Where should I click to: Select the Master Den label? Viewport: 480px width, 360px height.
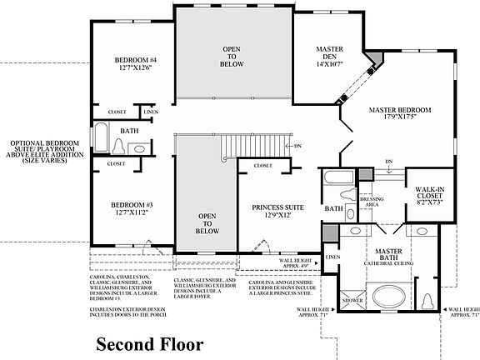[330, 49]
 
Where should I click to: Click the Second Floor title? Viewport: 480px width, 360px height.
[148, 343]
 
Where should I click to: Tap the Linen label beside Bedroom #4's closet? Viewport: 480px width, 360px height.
[150, 112]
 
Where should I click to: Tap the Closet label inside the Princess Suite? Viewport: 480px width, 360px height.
[262, 166]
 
